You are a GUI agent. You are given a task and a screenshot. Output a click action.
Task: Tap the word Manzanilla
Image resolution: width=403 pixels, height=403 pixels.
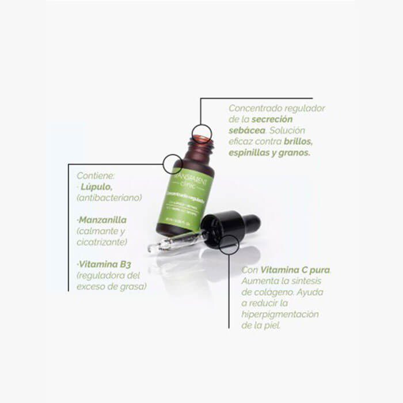(102, 220)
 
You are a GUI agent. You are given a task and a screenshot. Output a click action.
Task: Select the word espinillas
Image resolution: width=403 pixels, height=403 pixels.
(250, 153)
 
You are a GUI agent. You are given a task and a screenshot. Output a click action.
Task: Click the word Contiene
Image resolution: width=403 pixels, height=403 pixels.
(96, 176)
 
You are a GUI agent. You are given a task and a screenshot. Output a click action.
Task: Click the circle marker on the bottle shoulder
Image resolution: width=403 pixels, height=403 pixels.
(173, 164)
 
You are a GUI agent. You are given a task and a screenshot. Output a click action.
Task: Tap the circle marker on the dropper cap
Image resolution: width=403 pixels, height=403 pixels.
(229, 244)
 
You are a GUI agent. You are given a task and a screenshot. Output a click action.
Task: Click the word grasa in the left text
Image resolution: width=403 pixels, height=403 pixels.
(133, 286)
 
